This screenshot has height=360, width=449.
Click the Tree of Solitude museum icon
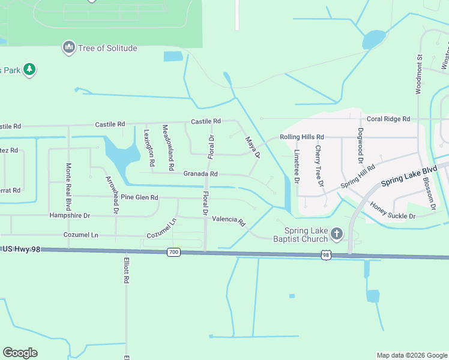pos(69,47)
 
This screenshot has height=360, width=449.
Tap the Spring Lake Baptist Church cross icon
pos(337,233)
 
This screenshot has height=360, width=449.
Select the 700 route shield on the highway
pos(173,253)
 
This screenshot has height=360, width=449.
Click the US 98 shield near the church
pos(326,255)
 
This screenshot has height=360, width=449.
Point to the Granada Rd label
pos(200,174)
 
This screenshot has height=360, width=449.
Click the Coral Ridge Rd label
pos(388,119)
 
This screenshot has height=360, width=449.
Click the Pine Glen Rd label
pos(139,197)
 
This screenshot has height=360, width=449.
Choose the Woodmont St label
pos(420,74)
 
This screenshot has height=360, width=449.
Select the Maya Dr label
pos(252,148)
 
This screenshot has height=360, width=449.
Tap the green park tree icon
pos(29,70)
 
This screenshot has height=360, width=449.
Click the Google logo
pos(20,353)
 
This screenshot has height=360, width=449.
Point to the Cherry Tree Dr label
pos(319,165)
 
